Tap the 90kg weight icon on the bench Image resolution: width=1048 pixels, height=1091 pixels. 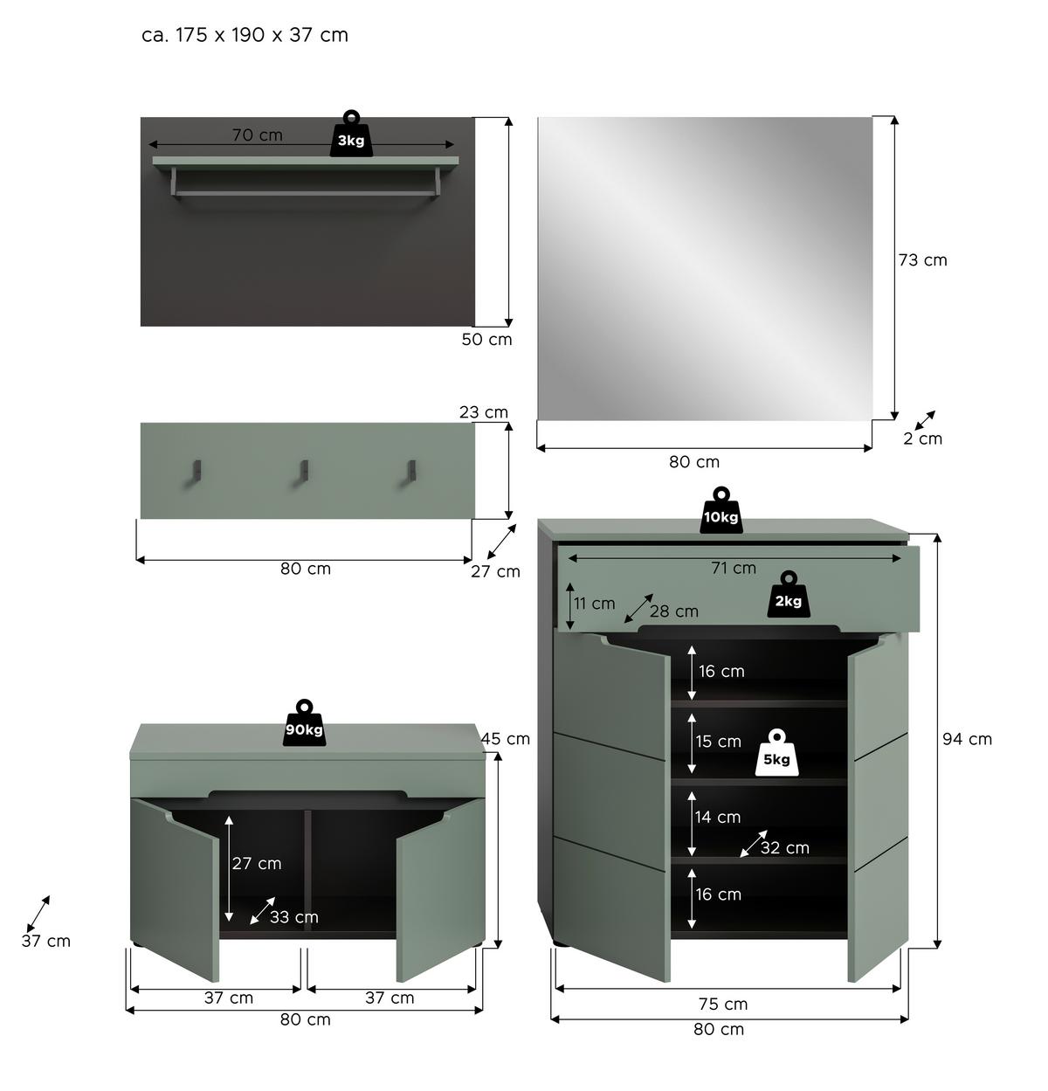pos(304,724)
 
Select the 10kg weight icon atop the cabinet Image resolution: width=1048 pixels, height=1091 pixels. pos(720,512)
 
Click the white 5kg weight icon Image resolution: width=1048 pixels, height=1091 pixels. pos(776,755)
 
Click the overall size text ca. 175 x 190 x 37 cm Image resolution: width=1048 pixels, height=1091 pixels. pos(245,35)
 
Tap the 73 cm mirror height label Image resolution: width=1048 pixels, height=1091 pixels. pos(922,260)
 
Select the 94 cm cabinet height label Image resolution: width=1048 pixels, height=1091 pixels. pos(967,739)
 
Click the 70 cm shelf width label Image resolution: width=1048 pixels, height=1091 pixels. pos(257,135)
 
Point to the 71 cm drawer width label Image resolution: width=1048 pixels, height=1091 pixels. pos(733,568)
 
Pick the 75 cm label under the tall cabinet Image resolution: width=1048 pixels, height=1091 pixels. pos(723,1004)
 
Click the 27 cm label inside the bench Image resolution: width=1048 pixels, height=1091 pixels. pos(257,863)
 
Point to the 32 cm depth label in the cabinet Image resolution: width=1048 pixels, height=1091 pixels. pos(784,847)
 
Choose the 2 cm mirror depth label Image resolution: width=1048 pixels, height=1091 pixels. pos(922,438)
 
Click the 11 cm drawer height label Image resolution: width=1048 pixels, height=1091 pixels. pos(594,604)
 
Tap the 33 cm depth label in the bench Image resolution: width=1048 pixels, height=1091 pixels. pos(293,917)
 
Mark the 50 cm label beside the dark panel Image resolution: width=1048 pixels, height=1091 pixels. pos(486,339)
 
